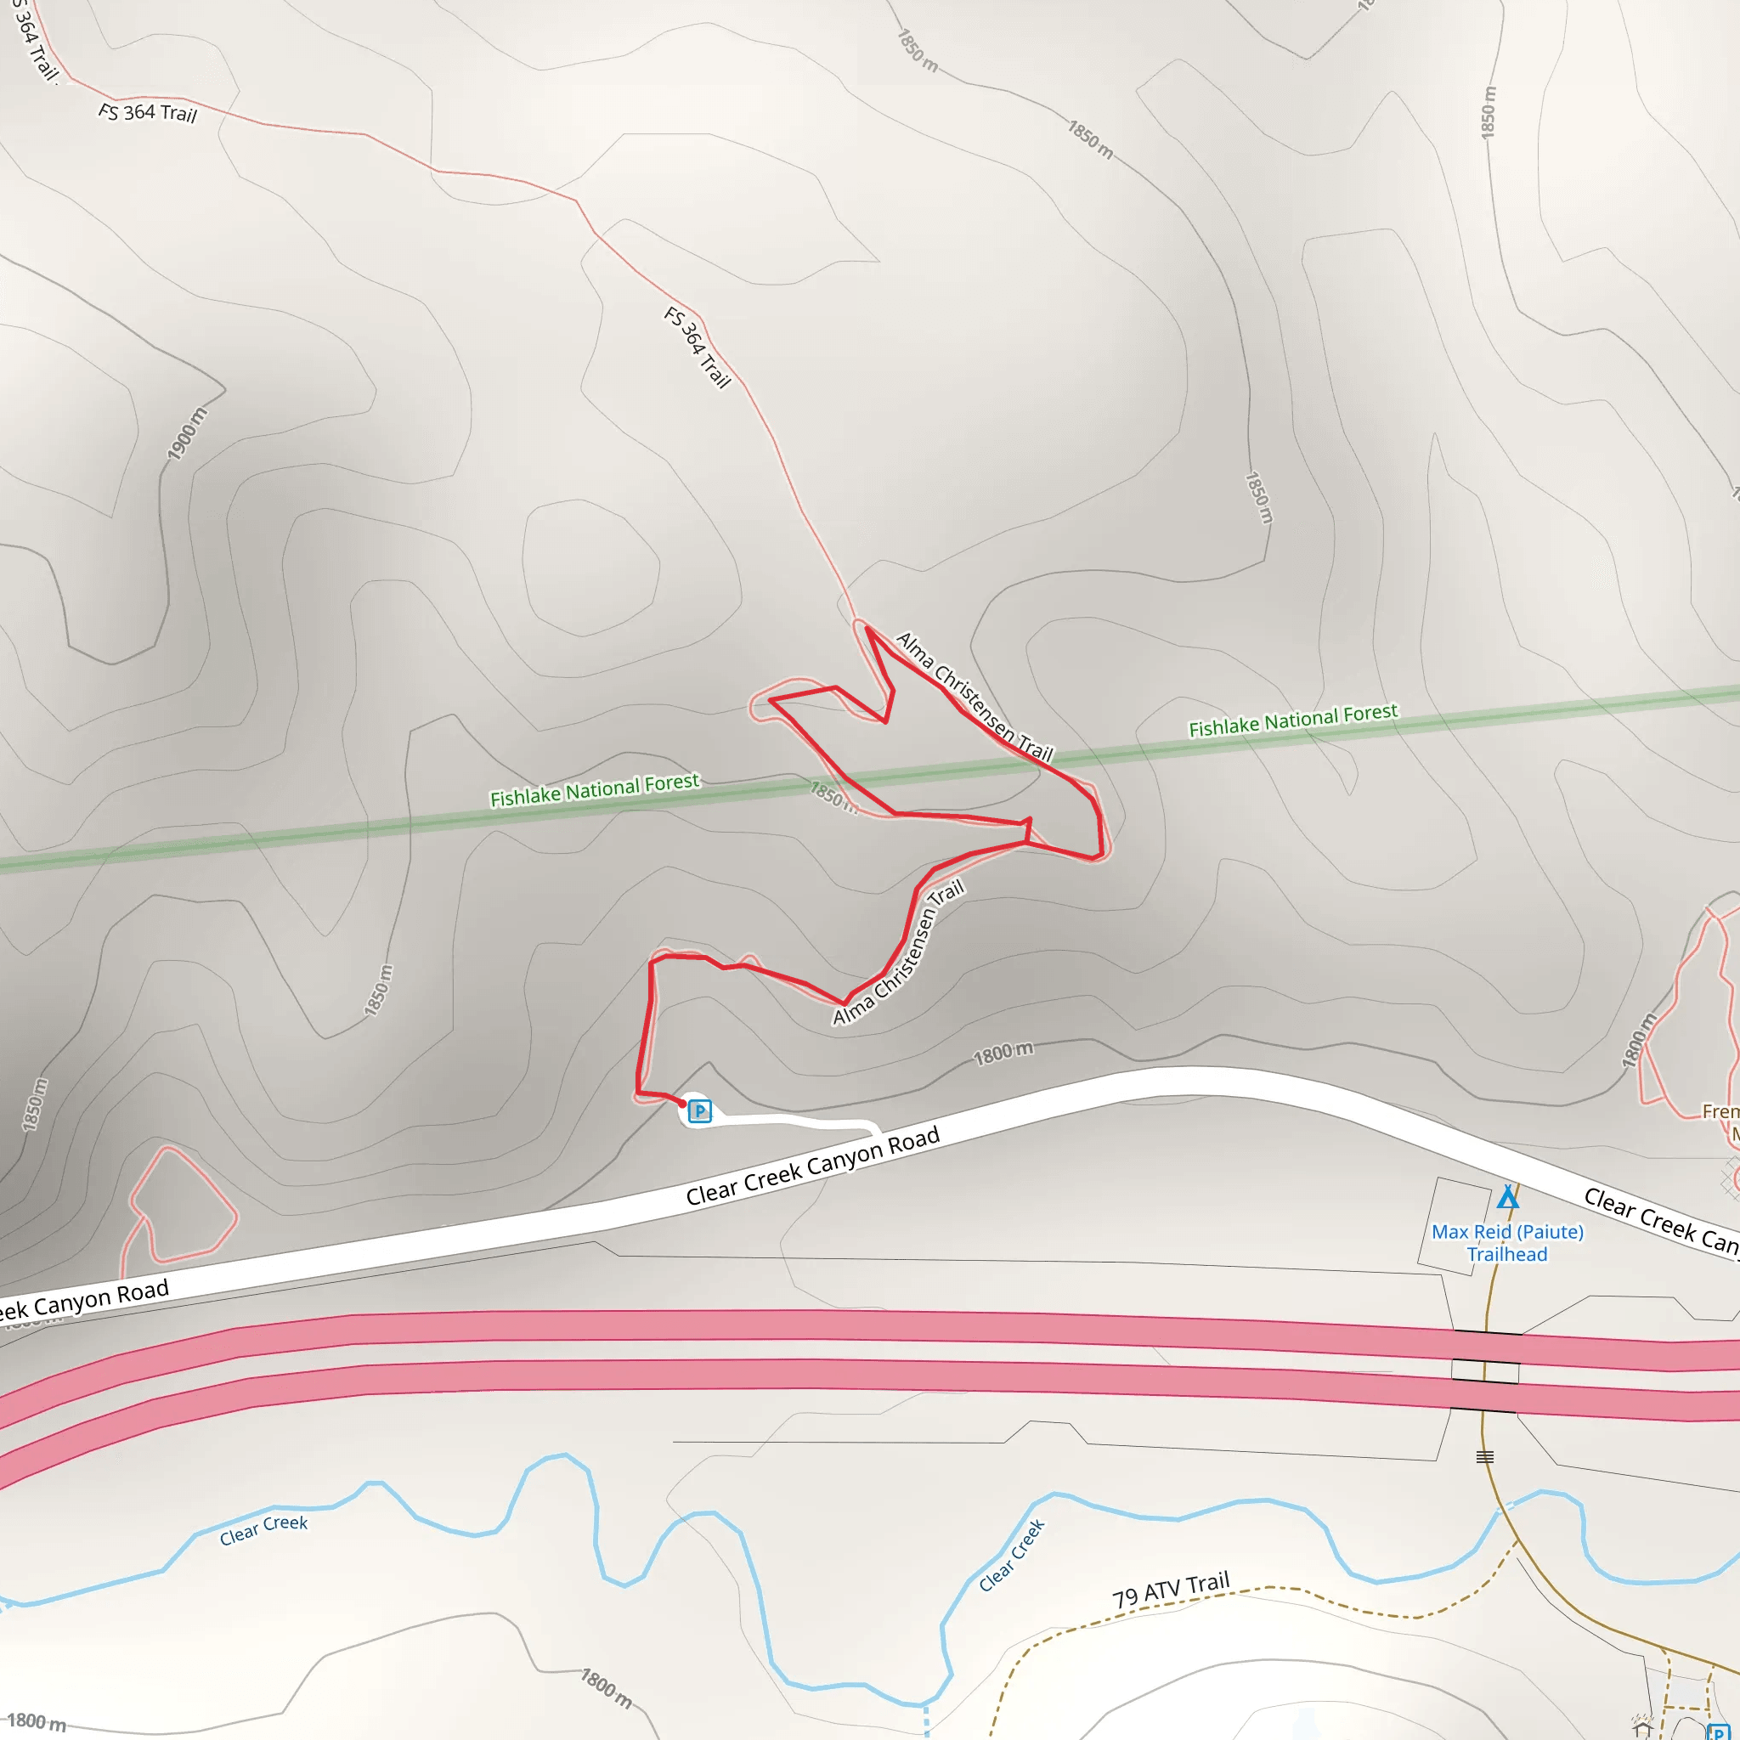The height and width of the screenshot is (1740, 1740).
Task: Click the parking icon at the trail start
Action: point(700,1111)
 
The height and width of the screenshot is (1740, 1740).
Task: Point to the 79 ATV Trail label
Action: point(1171,1590)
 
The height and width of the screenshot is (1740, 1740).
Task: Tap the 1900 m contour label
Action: point(187,433)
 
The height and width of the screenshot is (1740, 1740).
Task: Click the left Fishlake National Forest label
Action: point(595,789)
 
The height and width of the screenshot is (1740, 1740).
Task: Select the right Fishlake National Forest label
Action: point(1292,720)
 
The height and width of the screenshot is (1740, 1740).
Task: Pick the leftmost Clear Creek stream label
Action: point(264,1529)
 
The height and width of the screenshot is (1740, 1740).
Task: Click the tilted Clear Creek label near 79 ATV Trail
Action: point(1012,1556)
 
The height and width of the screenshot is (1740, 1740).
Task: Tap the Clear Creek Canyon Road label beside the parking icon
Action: point(812,1166)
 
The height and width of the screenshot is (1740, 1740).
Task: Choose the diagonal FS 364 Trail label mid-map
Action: point(697,347)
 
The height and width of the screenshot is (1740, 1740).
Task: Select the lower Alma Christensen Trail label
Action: point(898,952)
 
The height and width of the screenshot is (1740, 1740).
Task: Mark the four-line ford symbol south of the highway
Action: point(1485,1456)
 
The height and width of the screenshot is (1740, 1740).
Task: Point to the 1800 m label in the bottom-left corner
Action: point(36,1721)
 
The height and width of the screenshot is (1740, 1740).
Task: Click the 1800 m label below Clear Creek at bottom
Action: point(606,1688)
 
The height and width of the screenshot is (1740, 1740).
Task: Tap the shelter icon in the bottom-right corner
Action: point(1641,1727)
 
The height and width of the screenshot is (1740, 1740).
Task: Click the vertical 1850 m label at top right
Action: point(1488,111)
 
